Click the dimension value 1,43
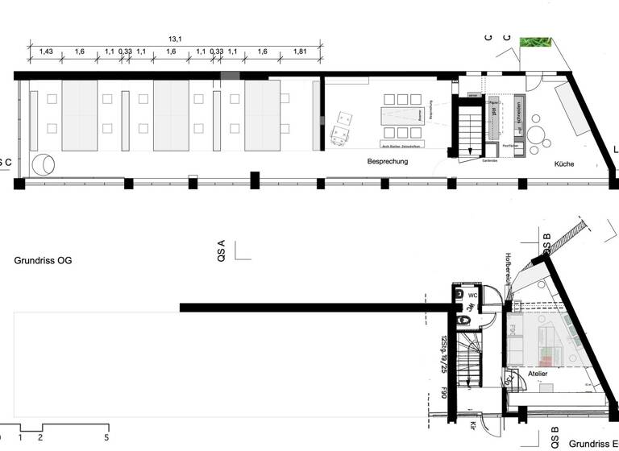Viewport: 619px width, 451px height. [x=46, y=52]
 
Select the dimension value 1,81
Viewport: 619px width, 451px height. [x=300, y=52]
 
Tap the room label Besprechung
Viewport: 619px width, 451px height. [x=388, y=161]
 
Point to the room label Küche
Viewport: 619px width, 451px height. [x=563, y=163]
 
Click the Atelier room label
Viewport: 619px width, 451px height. [x=538, y=374]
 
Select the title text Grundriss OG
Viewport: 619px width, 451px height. [x=43, y=261]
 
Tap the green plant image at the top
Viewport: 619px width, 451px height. [x=534, y=42]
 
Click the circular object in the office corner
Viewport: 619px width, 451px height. [x=43, y=165]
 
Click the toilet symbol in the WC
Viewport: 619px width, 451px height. [x=463, y=321]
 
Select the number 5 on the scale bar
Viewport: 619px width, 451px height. [x=106, y=437]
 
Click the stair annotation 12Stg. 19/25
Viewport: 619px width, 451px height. [x=443, y=354]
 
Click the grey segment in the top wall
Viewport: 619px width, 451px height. [x=230, y=75]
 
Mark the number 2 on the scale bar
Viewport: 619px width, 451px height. [x=40, y=437]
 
